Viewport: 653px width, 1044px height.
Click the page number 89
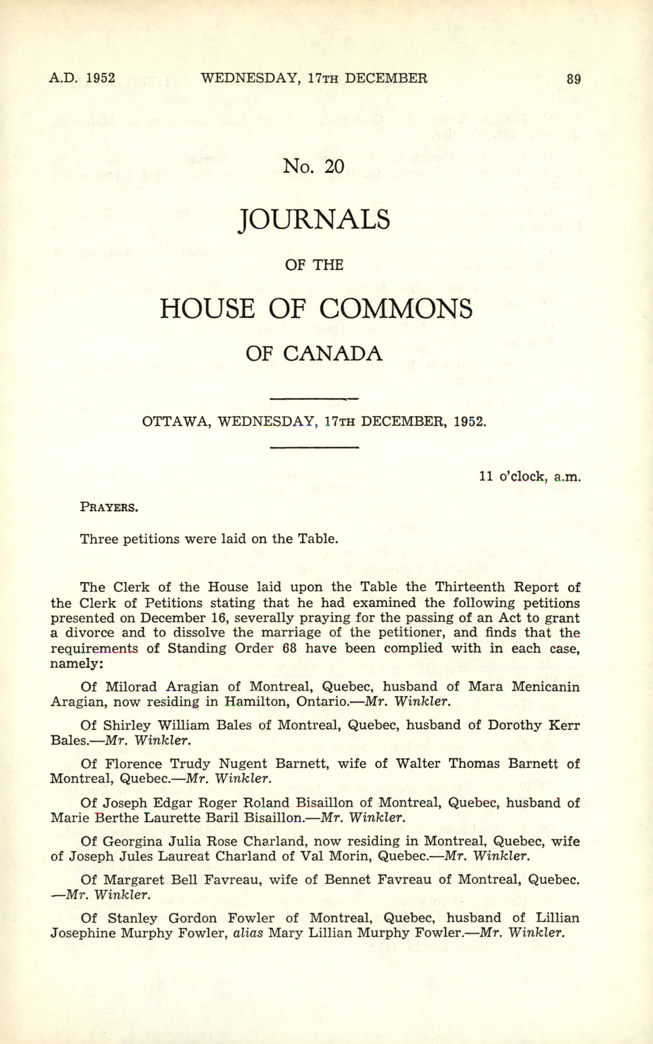tap(573, 79)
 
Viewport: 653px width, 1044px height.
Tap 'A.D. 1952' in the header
tap(82, 78)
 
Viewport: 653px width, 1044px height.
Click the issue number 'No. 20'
tap(313, 166)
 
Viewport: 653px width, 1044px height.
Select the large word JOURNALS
tap(314, 219)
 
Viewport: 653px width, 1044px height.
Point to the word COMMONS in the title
tap(396, 309)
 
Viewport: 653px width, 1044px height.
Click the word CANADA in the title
tap(332, 354)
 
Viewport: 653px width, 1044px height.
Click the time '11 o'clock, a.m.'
tap(530, 476)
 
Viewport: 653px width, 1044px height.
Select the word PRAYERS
tap(109, 507)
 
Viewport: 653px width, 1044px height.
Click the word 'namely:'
tap(76, 663)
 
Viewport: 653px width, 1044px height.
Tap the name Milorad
tap(132, 686)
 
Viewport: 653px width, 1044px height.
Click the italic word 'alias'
tap(248, 933)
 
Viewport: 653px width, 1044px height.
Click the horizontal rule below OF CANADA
tap(314, 399)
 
